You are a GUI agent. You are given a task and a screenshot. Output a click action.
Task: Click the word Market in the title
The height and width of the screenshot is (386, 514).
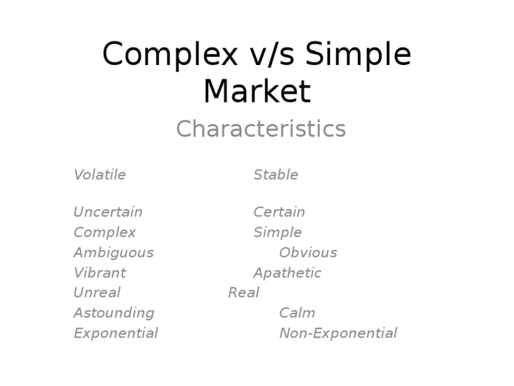click(x=257, y=91)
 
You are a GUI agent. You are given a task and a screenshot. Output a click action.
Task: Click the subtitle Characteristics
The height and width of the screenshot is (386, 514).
click(x=260, y=129)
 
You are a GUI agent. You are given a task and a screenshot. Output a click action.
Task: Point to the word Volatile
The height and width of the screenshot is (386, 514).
click(x=100, y=175)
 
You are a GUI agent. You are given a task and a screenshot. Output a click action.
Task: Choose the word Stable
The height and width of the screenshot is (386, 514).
click(x=276, y=175)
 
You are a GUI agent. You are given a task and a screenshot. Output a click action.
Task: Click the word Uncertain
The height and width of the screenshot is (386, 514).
click(x=108, y=212)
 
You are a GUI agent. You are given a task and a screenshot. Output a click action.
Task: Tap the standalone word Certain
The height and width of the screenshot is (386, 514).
click(x=279, y=212)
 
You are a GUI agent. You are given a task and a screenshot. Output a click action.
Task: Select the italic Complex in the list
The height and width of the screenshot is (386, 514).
click(x=104, y=233)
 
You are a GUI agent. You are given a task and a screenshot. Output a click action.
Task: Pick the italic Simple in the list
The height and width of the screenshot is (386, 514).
click(x=277, y=233)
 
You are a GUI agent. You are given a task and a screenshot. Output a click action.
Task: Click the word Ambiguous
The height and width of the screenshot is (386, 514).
click(x=113, y=253)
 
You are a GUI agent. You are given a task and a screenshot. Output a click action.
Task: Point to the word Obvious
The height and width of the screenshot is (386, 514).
click(x=308, y=253)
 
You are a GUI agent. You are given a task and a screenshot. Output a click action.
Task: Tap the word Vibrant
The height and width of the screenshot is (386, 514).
click(x=100, y=273)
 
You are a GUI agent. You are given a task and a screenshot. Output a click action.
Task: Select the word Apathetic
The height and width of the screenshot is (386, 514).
click(x=287, y=273)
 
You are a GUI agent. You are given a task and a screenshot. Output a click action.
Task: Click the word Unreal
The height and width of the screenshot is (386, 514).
click(x=97, y=293)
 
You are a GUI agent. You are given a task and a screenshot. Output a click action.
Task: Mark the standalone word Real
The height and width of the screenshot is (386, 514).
click(x=244, y=293)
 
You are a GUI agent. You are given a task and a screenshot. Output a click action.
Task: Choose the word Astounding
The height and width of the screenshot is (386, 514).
click(x=114, y=313)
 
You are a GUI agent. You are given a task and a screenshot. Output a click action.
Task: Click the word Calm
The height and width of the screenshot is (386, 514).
click(x=297, y=313)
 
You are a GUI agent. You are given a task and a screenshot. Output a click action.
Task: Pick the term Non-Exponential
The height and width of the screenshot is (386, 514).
click(x=338, y=333)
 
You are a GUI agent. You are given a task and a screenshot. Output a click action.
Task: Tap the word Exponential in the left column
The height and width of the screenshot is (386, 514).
click(x=116, y=333)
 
